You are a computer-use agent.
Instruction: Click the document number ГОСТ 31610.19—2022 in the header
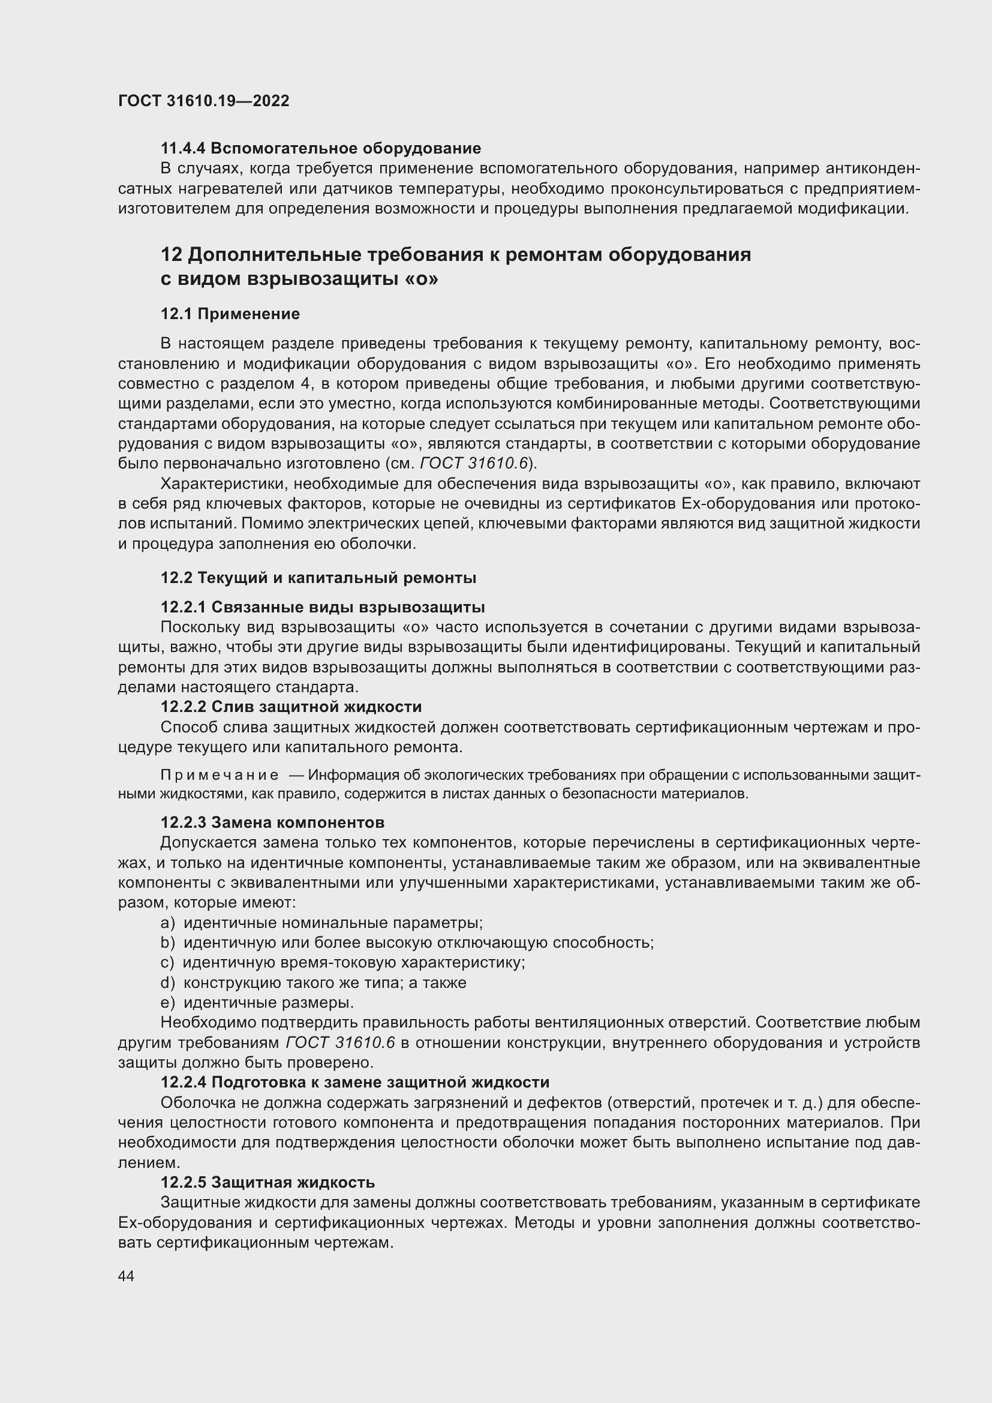(203, 101)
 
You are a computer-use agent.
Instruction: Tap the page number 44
(127, 1276)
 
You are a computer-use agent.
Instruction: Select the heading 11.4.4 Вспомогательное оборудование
(321, 149)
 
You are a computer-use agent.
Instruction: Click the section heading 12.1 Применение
(230, 314)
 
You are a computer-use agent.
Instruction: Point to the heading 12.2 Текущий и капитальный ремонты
(318, 578)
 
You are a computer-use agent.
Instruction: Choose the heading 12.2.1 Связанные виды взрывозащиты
(323, 608)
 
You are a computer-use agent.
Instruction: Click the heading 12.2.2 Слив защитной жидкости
(291, 707)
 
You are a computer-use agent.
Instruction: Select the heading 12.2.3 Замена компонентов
(272, 822)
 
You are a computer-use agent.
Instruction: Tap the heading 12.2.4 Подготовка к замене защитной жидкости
(355, 1083)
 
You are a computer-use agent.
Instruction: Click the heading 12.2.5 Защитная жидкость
(267, 1182)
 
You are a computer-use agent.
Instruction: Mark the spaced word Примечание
(220, 776)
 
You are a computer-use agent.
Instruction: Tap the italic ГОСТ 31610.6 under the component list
(340, 1043)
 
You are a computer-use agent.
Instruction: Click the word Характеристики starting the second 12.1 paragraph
(224, 484)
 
